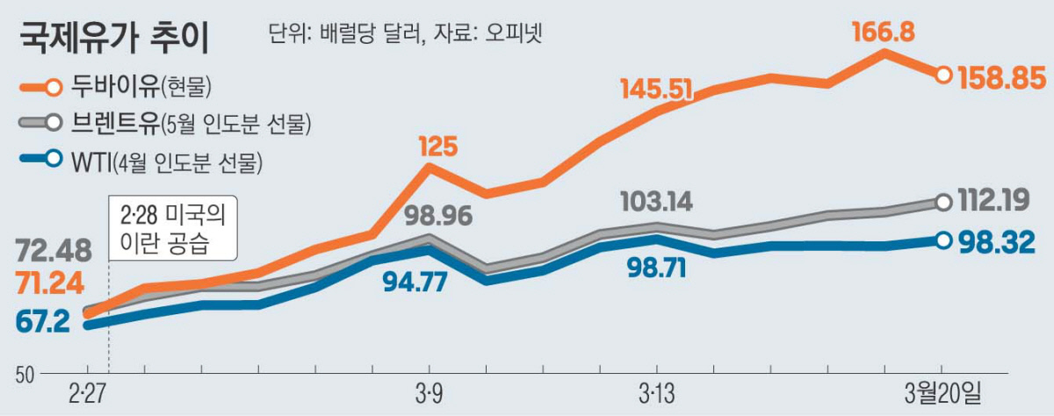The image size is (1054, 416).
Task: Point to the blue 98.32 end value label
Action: pos(998,240)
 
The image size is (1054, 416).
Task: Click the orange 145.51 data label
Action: pos(657,89)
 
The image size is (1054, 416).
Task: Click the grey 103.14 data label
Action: pos(655,202)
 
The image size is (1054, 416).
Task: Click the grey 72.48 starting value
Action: pos(53,252)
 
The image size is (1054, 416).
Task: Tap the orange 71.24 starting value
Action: pos(50,283)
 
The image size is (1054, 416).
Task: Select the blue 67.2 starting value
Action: pos(42,321)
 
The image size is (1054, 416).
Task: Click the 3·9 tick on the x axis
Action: pos(430,392)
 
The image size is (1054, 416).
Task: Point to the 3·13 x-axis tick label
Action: pos(656,392)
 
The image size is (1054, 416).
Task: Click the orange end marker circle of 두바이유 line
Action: pos(942,75)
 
